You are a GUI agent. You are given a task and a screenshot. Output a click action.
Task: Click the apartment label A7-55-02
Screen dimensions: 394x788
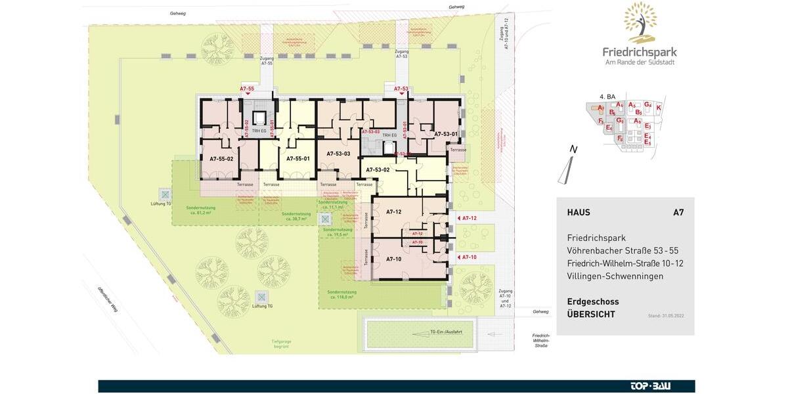click(x=221, y=159)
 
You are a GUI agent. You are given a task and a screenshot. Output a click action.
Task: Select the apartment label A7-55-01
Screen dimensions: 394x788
click(x=297, y=159)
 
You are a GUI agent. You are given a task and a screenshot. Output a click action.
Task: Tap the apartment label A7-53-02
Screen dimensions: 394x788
click(x=378, y=170)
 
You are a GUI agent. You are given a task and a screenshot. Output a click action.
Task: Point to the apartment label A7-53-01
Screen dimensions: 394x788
click(x=446, y=134)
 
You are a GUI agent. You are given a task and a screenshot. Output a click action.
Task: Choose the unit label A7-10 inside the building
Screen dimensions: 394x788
click(x=394, y=259)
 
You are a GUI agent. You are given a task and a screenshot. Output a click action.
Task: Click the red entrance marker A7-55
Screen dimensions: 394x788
click(x=247, y=88)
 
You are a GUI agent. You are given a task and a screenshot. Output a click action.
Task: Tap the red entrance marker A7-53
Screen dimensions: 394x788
click(x=401, y=88)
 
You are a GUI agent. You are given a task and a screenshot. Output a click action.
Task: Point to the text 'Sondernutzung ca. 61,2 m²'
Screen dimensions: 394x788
click(x=200, y=211)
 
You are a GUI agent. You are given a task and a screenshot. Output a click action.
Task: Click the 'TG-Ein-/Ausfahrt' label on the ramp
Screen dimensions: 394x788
click(x=446, y=332)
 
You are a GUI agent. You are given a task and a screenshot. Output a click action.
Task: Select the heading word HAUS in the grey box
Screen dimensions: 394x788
click(x=579, y=213)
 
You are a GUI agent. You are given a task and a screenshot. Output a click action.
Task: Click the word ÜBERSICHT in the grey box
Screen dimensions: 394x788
click(x=591, y=315)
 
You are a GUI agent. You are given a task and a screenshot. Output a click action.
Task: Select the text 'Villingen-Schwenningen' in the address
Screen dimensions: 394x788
click(x=615, y=276)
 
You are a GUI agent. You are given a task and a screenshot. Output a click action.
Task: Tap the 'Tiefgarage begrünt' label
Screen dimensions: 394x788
click(x=281, y=342)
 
